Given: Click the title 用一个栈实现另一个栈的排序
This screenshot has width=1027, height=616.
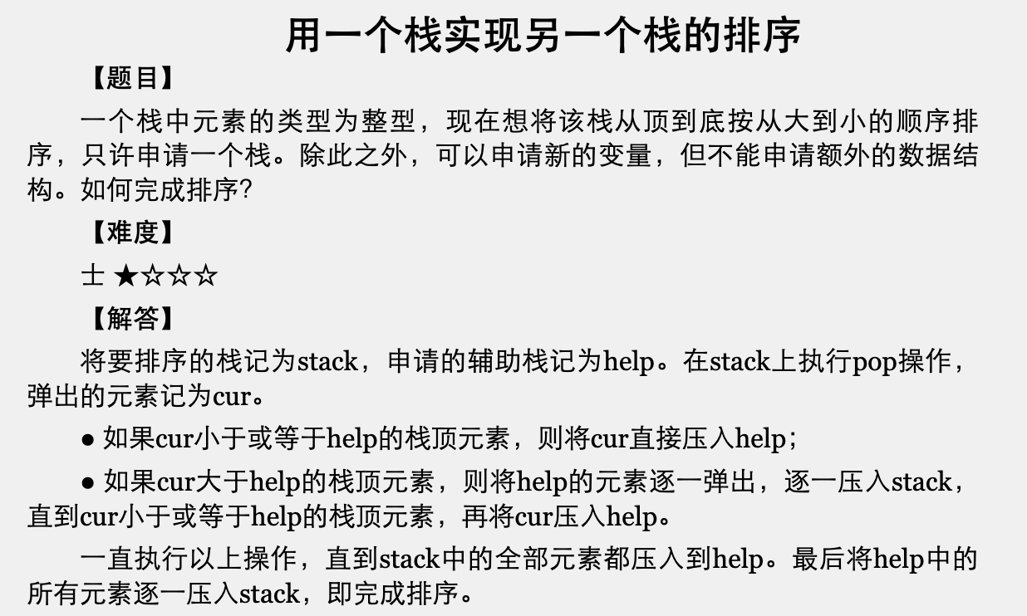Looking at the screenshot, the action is [x=543, y=36].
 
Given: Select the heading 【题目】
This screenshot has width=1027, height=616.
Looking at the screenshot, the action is [x=131, y=79].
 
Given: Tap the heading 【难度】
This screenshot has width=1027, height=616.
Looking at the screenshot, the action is [x=131, y=232].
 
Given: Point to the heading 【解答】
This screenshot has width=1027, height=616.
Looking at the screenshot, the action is [x=131, y=318].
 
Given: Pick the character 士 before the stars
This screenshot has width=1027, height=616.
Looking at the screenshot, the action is [x=92, y=276].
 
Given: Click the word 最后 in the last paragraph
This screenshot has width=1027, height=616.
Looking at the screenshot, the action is [x=819, y=559].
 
